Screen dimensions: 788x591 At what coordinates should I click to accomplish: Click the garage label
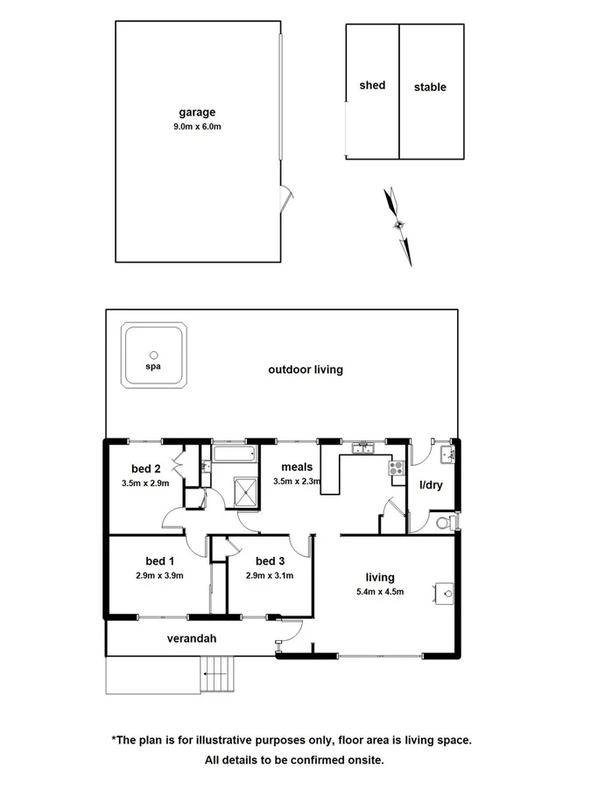(x=197, y=112)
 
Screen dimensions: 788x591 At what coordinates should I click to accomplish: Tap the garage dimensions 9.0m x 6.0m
(x=197, y=127)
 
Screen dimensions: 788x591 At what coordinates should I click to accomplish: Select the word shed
(x=372, y=86)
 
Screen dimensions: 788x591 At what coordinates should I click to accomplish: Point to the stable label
(x=430, y=88)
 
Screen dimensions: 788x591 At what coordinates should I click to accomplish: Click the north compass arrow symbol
(x=399, y=225)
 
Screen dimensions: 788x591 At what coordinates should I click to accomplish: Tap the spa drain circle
(x=154, y=355)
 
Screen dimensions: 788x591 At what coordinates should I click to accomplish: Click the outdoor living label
(x=306, y=369)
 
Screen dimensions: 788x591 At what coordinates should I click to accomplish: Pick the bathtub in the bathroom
(x=234, y=454)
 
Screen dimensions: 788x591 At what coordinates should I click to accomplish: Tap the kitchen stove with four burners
(x=397, y=468)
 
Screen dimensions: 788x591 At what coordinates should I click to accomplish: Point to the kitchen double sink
(x=363, y=449)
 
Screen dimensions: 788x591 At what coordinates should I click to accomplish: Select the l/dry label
(x=432, y=484)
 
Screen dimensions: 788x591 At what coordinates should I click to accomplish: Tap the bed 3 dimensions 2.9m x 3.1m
(x=269, y=575)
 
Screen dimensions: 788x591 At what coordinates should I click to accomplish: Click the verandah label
(x=192, y=639)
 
